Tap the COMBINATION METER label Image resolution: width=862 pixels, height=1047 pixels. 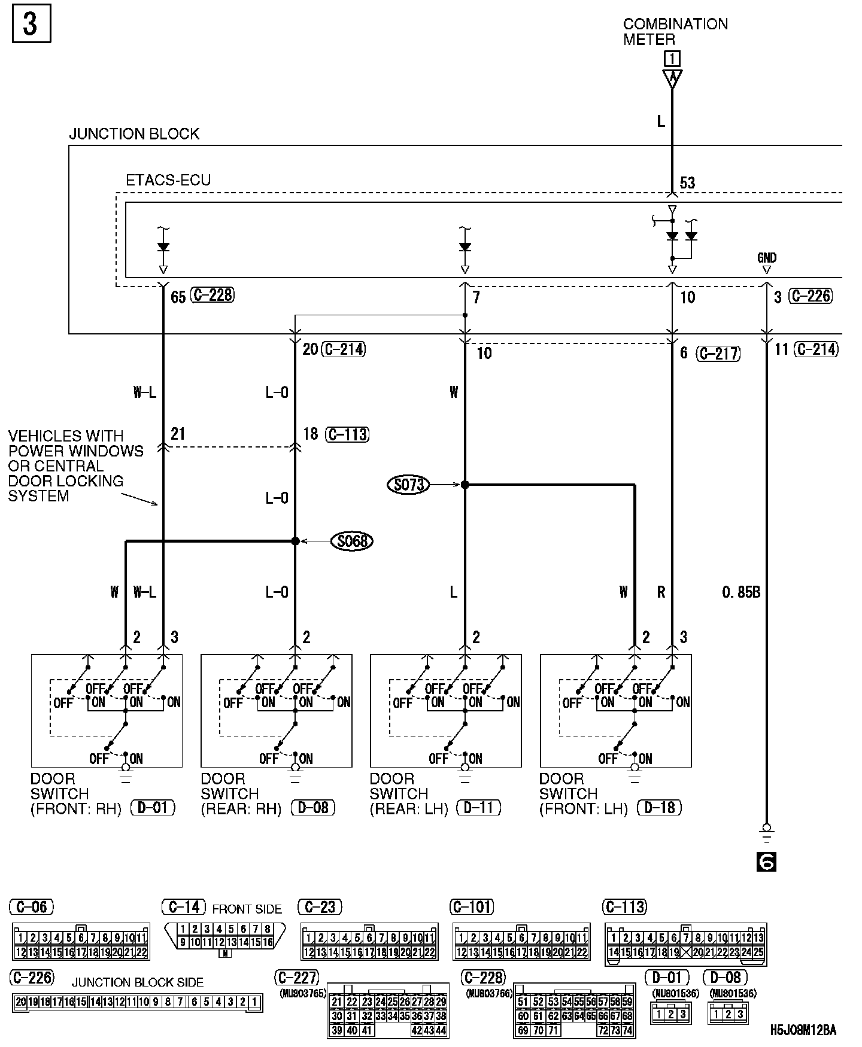pyautogui.click(x=675, y=32)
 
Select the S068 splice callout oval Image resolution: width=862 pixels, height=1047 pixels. pyautogui.click(x=352, y=541)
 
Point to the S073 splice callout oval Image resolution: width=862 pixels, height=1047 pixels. pyautogui.click(x=409, y=484)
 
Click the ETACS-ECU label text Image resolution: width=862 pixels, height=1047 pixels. pyautogui.click(x=168, y=180)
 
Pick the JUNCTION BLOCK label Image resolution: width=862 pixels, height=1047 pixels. pyautogui.click(x=134, y=134)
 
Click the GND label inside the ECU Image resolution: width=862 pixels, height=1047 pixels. pyautogui.click(x=766, y=258)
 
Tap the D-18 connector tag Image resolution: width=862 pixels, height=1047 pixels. pyautogui.click(x=660, y=808)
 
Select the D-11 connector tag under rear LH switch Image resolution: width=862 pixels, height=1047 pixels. pyautogui.click(x=478, y=808)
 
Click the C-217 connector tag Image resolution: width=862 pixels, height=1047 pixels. pyautogui.click(x=718, y=354)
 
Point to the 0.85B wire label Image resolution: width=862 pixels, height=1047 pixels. pyautogui.click(x=741, y=592)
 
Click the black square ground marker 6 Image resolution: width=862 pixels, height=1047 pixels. pyautogui.click(x=767, y=862)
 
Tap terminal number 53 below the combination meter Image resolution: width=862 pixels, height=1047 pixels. pyautogui.click(x=687, y=183)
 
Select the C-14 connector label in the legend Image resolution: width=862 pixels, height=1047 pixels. pyautogui.click(x=184, y=908)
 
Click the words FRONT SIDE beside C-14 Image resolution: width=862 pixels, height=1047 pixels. pyautogui.click(x=247, y=909)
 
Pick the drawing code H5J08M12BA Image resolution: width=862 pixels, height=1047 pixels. pyautogui.click(x=803, y=1030)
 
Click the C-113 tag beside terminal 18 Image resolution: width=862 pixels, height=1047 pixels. pyautogui.click(x=347, y=434)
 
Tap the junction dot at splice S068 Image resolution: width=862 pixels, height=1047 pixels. pyautogui.click(x=295, y=541)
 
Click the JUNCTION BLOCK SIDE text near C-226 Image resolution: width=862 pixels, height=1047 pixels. pyautogui.click(x=138, y=982)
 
